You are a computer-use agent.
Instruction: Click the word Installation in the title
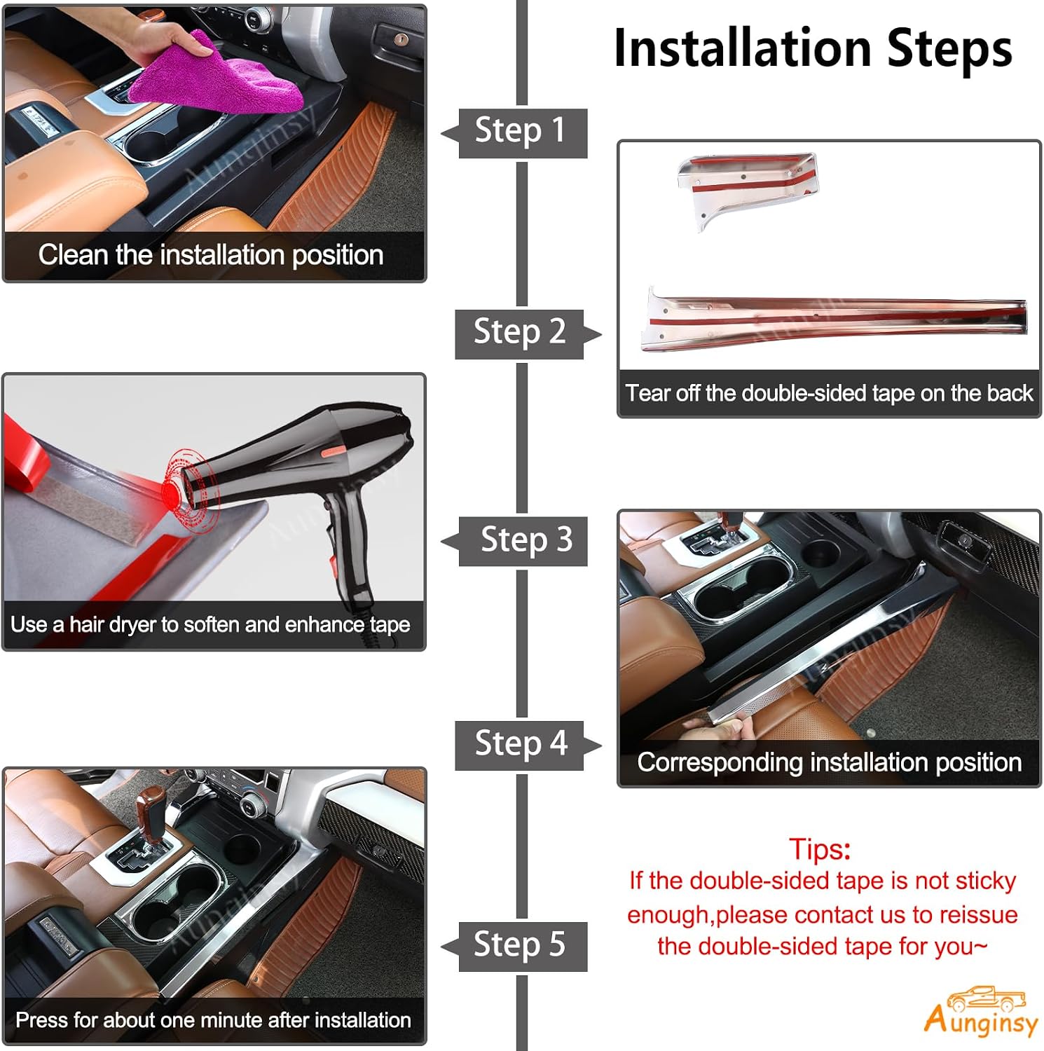[x=743, y=49]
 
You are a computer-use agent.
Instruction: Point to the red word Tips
[x=820, y=849]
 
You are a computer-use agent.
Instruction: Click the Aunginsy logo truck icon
[x=986, y=998]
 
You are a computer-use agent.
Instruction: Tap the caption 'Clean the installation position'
[x=211, y=255]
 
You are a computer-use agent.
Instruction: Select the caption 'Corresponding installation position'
[x=830, y=762]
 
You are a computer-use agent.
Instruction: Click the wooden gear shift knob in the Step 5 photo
[x=150, y=806]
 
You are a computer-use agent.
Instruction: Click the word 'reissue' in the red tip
[x=978, y=914]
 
